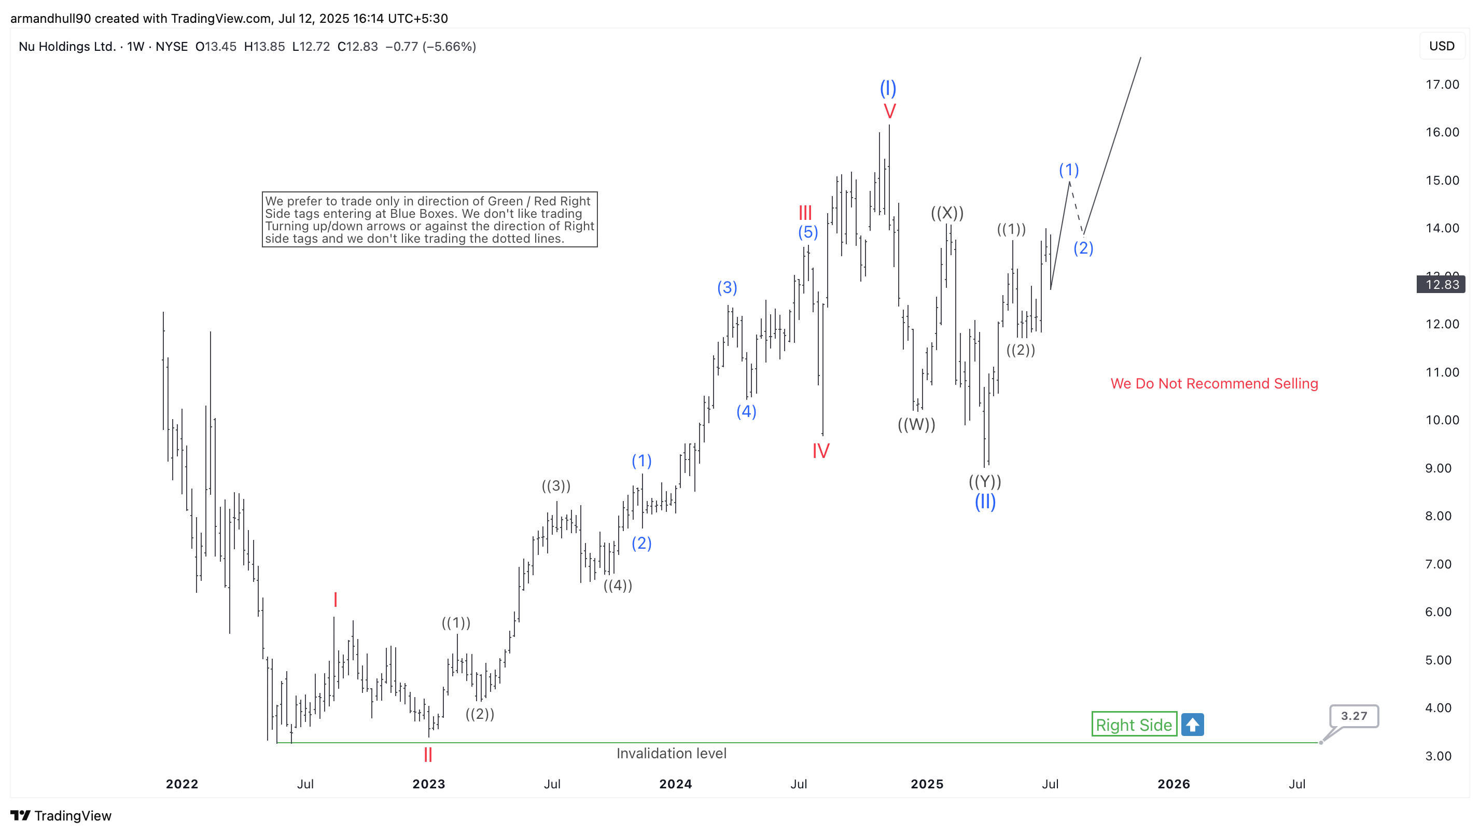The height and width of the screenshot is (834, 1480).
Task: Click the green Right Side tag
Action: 1133,725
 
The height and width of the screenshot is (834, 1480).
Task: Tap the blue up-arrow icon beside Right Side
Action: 1192,725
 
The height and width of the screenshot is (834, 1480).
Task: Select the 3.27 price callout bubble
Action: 1353,716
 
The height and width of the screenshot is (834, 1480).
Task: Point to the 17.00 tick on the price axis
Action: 1442,85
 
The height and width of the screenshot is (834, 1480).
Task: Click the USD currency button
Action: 1442,46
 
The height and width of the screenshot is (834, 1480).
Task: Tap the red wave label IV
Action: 820,451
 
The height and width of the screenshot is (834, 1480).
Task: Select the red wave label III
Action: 805,213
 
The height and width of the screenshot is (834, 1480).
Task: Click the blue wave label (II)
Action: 985,502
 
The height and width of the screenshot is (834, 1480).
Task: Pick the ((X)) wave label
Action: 947,213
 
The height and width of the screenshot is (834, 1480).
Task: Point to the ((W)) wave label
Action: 916,425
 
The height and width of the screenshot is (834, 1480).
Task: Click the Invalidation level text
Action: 671,754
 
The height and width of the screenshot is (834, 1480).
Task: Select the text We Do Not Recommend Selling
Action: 1214,383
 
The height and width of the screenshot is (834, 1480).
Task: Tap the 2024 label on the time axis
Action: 675,784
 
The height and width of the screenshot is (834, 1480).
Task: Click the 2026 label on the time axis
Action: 1173,784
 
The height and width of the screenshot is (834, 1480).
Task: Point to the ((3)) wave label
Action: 555,486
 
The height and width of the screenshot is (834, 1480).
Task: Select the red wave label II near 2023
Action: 427,755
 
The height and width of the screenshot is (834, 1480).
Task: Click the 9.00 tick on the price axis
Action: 1437,468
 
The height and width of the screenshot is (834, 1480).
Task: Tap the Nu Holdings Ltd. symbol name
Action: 67,47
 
